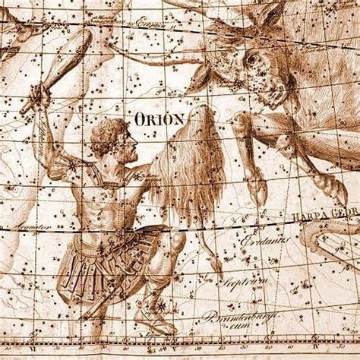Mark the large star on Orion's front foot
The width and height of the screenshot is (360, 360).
point(160,305)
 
